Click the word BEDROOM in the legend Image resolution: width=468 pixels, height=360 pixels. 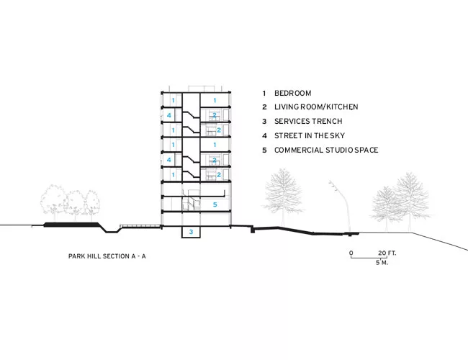coord(293,93)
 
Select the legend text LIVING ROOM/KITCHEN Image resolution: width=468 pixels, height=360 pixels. coord(316,107)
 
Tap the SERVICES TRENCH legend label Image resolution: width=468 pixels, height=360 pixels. coord(308,121)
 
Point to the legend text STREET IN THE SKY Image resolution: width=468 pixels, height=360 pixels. coord(310,135)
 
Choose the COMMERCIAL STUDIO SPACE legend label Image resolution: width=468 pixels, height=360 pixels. coord(326,150)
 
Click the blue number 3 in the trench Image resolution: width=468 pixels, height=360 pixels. coord(191,232)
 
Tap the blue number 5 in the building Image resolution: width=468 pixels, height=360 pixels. coord(215,204)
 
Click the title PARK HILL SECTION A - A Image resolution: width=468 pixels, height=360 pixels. coord(107,256)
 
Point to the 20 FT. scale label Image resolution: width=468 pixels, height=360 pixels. coord(387,253)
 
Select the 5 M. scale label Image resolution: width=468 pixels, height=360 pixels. coord(382,263)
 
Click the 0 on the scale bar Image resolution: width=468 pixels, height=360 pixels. coord(351,253)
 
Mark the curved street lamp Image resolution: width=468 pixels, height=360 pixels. coord(343,206)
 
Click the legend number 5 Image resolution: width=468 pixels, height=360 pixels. coord(264,150)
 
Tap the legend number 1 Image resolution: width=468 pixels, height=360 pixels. coord(264,93)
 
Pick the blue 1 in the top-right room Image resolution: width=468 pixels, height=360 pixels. coord(215,101)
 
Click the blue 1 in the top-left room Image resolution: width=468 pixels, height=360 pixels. coord(173,101)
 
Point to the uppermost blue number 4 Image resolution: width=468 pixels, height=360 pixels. coord(169,115)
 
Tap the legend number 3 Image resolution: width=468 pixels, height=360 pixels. coord(264,121)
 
